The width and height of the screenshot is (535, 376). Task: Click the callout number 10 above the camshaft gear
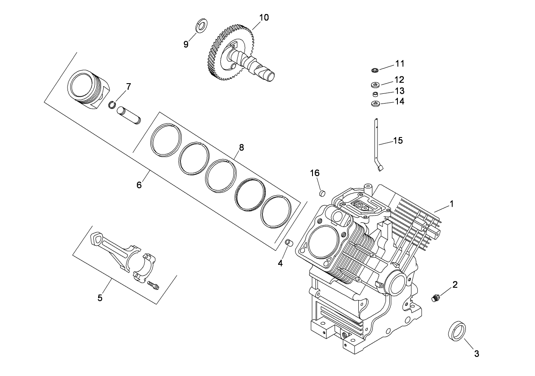pos(264,17)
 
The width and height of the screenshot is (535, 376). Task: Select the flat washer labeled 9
pos(201,25)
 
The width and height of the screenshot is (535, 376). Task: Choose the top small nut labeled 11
pos(375,69)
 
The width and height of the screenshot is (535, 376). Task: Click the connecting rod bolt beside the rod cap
pos(154,286)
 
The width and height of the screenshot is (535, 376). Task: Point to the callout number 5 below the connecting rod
pos(100,298)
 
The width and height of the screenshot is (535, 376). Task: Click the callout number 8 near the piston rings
pos(241,147)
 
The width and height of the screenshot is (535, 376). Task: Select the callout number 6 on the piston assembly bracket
pos(138,185)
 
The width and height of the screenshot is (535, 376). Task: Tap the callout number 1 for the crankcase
pos(452,204)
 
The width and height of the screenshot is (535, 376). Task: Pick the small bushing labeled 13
pos(375,94)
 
